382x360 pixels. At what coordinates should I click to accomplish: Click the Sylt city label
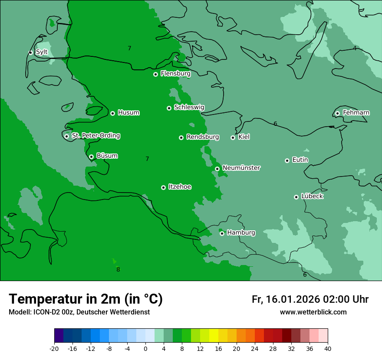pos(42,52)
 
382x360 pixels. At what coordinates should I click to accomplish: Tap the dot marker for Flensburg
pos(155,74)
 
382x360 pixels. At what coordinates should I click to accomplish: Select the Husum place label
pos(128,113)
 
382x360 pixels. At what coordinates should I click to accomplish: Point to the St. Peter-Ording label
pos(96,136)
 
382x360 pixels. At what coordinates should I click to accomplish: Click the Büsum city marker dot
pos(91,157)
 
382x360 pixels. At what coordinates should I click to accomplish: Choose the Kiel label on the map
pos(244,137)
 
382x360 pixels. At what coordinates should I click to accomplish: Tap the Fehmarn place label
pos(356,113)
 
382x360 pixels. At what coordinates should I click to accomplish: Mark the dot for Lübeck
pos(296,197)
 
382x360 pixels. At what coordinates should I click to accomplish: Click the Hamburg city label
pos(241,233)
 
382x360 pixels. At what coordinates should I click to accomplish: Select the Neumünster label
pos(241,168)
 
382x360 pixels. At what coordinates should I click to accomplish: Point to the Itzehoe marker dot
pos(163,187)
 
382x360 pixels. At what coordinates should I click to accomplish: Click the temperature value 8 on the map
pos(118,269)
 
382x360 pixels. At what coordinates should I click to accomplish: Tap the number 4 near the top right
pos(355,48)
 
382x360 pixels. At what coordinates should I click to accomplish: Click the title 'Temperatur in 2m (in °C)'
pos(86,299)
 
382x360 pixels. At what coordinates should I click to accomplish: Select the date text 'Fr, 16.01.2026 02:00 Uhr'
pos(310,299)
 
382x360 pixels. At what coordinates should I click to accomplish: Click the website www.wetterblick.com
pos(313,312)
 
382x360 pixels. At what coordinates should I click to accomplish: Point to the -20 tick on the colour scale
pos(54,348)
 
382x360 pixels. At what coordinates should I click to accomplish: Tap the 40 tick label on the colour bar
pos(328,348)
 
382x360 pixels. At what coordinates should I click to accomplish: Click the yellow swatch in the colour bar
pos(214,336)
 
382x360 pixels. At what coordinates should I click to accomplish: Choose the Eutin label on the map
pos(300,160)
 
